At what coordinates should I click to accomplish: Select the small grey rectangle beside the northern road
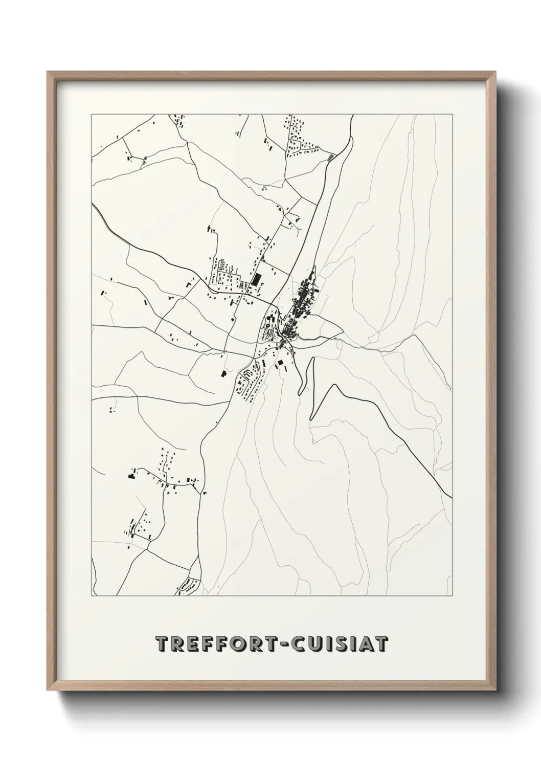tap(331, 157)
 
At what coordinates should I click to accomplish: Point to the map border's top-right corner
tap(452, 115)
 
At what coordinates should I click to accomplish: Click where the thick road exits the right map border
tap(452, 497)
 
